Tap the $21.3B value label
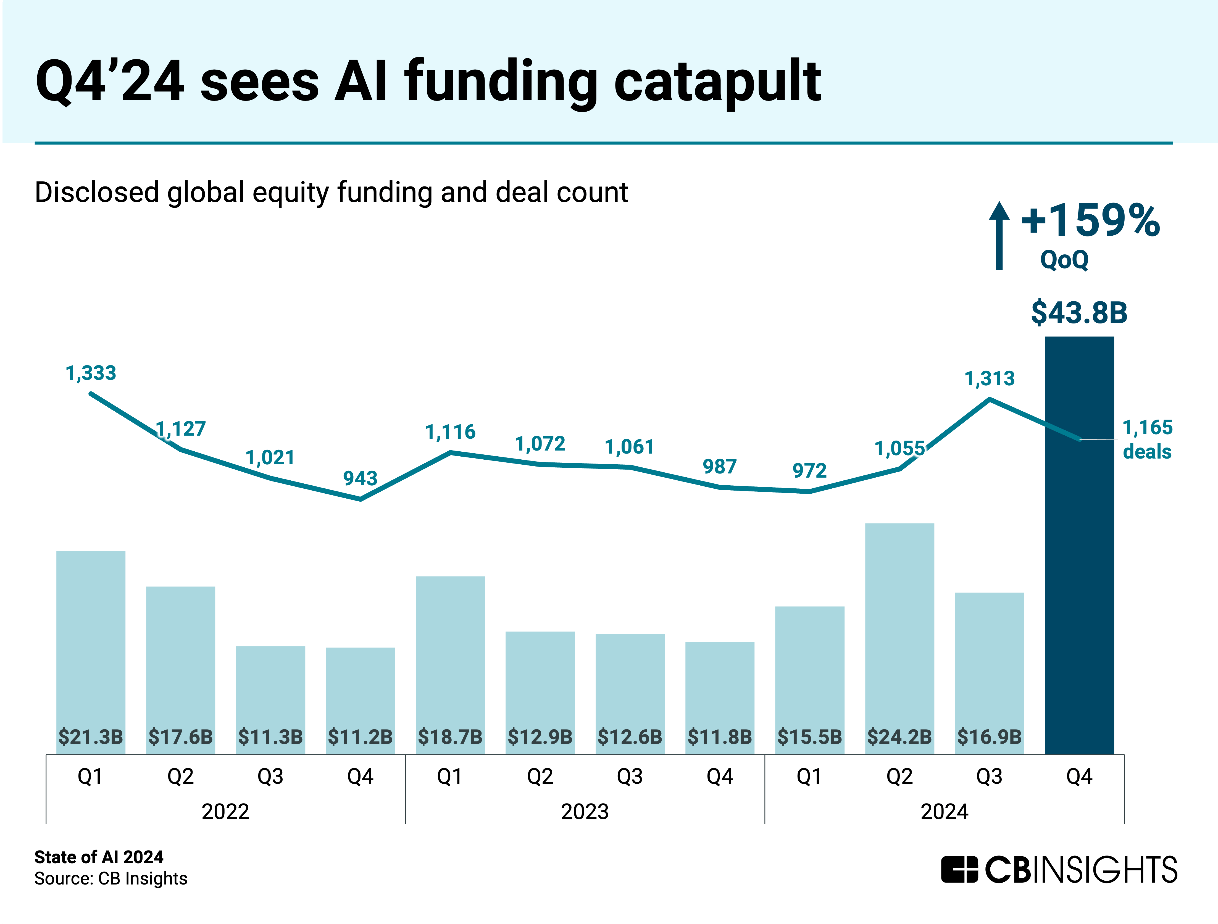[91, 737]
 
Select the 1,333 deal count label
[91, 373]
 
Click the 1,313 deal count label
[990, 379]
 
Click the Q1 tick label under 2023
[450, 776]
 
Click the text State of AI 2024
[99, 857]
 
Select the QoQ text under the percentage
[1064, 259]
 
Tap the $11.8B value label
[720, 737]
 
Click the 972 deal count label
[809, 471]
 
